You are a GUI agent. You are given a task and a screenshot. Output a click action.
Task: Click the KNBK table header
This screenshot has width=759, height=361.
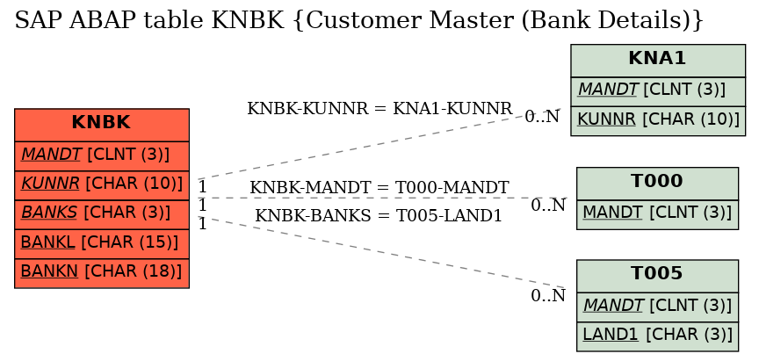tap(102, 125)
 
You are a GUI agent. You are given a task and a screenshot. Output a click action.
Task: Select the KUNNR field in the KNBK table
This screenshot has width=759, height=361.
tap(102, 184)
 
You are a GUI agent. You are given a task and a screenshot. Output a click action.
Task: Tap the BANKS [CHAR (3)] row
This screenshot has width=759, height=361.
tap(102, 214)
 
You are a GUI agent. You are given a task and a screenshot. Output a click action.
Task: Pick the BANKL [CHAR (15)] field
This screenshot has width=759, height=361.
tap(102, 244)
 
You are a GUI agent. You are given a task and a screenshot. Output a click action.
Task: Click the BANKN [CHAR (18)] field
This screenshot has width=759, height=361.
tap(102, 273)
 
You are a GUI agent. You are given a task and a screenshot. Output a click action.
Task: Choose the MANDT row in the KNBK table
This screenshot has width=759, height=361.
tap(102, 155)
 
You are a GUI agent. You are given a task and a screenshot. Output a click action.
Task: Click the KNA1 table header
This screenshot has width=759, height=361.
tap(658, 61)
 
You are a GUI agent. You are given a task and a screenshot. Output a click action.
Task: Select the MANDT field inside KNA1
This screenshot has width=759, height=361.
tap(658, 91)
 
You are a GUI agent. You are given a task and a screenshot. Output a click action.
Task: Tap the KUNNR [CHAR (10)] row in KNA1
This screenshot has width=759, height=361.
tap(658, 121)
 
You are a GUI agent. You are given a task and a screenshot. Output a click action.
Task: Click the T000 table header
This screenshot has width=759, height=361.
tap(657, 184)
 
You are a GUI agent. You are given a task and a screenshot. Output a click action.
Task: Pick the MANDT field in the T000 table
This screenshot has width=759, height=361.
tap(657, 214)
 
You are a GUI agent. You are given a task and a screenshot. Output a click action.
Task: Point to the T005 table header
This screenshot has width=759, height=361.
tap(657, 276)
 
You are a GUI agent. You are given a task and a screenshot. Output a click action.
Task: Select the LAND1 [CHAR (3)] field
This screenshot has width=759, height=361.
tap(657, 336)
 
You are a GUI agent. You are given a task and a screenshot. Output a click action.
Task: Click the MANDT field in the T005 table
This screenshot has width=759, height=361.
tap(657, 307)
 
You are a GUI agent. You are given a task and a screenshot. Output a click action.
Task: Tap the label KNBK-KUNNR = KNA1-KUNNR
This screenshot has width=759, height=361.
tap(379, 109)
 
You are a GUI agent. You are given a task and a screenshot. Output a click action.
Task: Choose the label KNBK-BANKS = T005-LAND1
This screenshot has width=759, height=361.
tap(378, 216)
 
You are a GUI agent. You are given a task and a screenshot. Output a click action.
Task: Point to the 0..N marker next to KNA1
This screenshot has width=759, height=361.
tap(542, 117)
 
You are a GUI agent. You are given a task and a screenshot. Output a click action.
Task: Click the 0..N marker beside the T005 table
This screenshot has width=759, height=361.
tap(548, 296)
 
